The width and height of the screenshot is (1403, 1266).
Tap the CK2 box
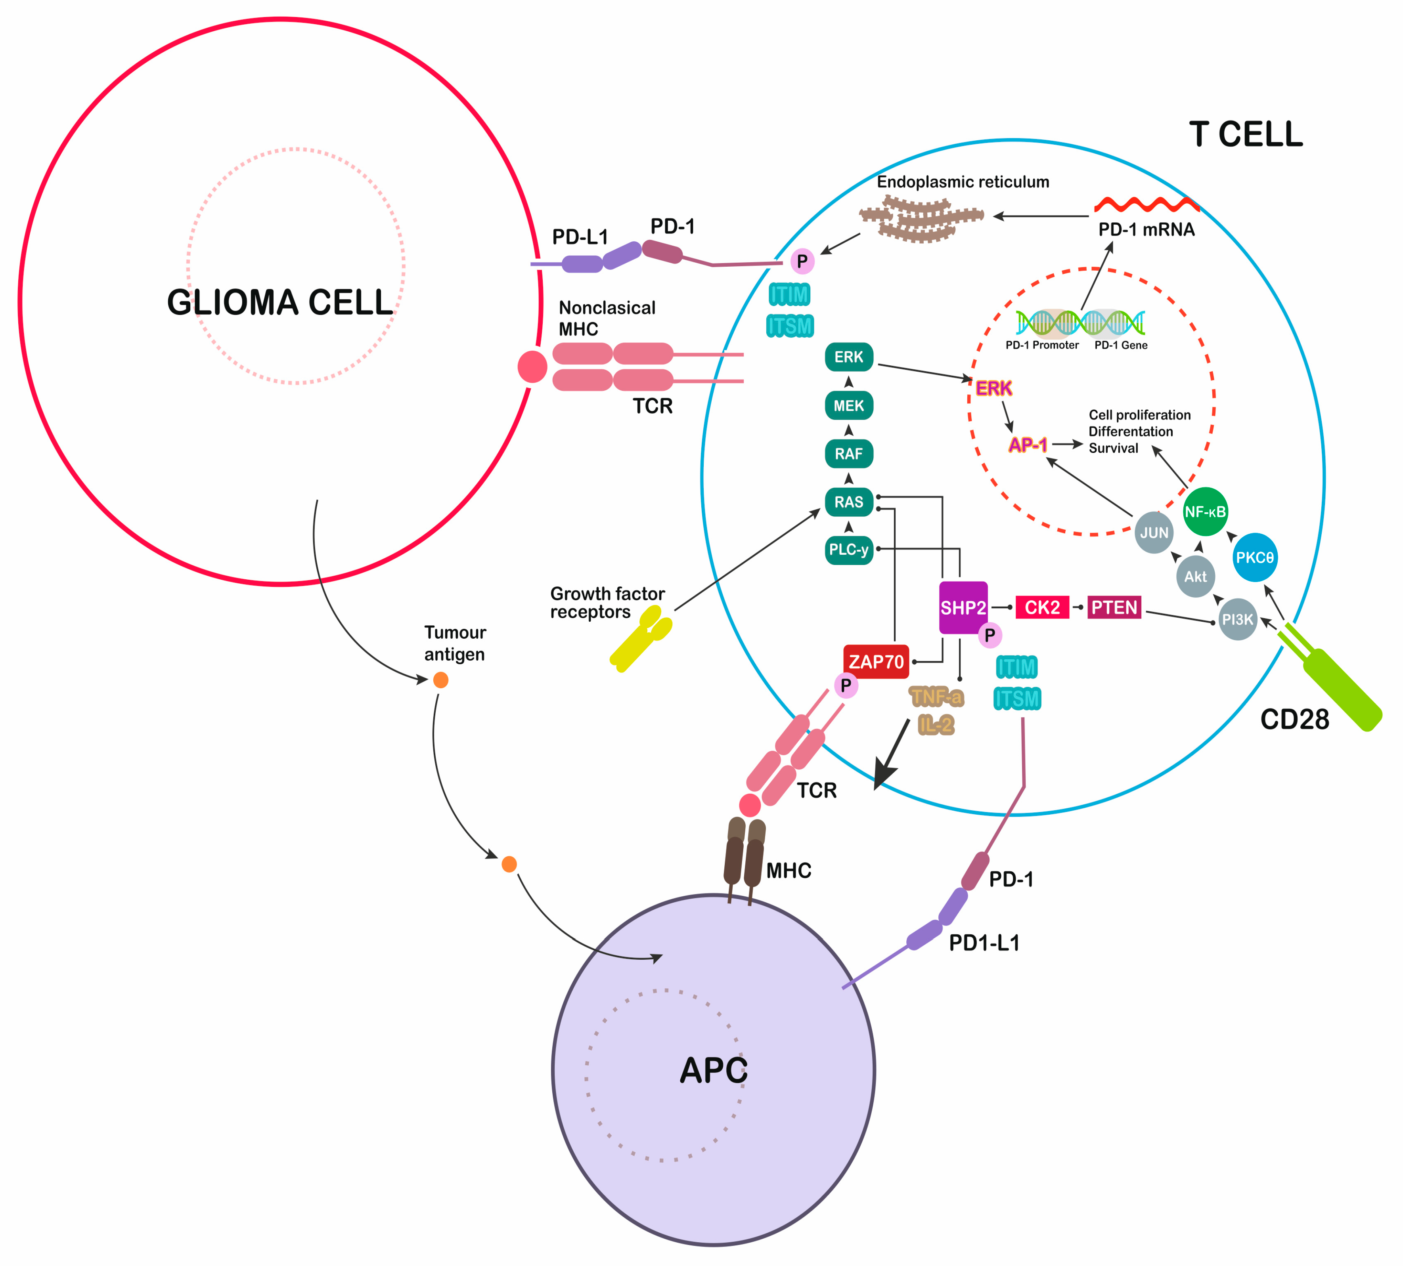coord(1042,607)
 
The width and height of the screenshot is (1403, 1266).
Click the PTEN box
coord(1114,607)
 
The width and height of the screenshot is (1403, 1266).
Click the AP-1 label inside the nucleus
coord(1028,445)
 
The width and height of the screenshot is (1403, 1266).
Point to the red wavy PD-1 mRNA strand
coord(1146,204)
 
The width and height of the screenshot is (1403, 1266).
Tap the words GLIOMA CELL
coord(280,303)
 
